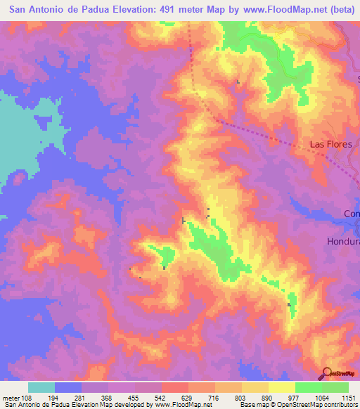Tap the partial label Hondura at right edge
(343, 241)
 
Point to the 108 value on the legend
(20, 398)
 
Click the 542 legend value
(161, 398)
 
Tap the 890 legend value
(268, 398)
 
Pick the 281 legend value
(81, 398)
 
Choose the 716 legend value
(214, 398)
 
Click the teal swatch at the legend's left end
(41, 387)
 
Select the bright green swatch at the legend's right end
(335, 387)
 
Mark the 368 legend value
(108, 398)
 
